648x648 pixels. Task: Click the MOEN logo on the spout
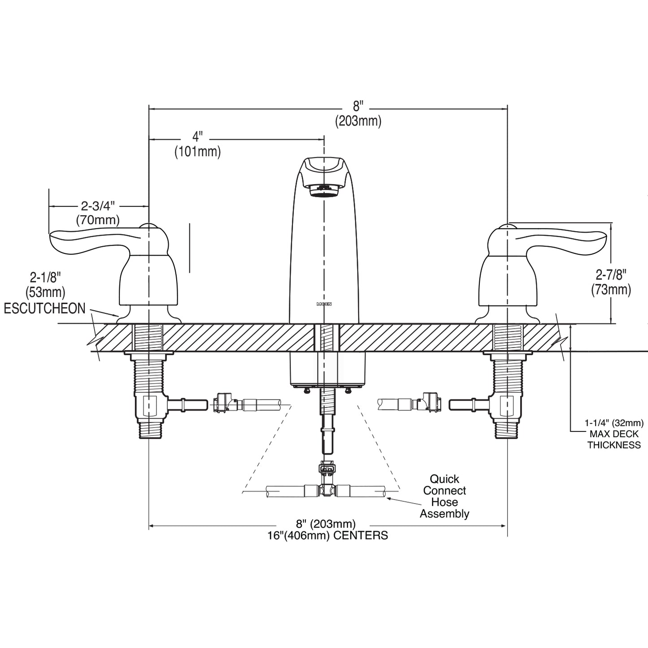[324, 304]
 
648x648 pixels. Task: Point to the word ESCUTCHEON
[45, 309]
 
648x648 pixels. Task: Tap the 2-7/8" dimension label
[611, 274]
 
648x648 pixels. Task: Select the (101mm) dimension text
[198, 152]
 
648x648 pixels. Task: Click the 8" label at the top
[357, 106]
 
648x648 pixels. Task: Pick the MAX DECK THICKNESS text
[614, 439]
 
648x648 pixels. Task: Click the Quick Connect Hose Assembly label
[444, 496]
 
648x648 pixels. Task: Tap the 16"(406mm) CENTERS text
[327, 535]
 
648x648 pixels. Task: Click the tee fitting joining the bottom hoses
[326, 490]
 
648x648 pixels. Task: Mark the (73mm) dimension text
[611, 290]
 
